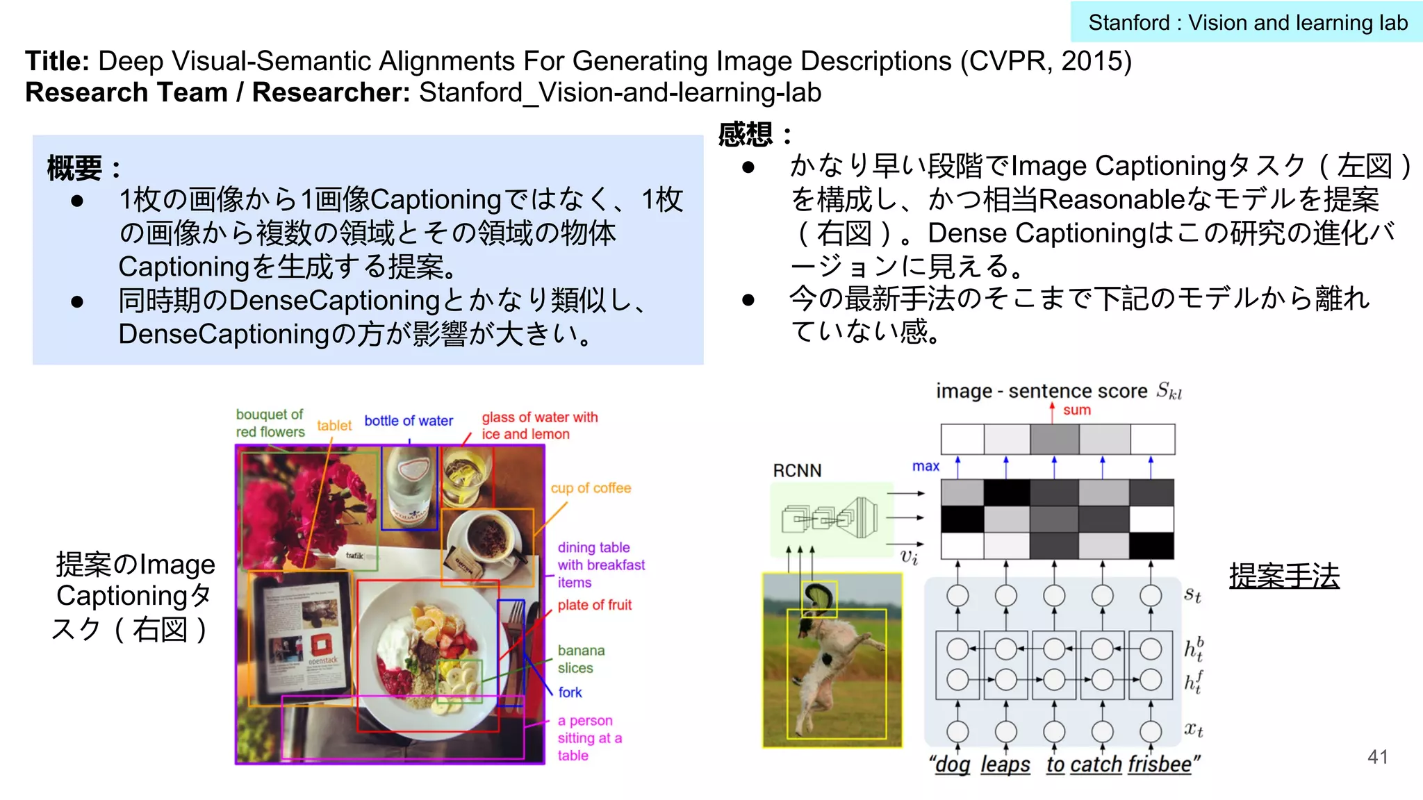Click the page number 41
pos(1377,757)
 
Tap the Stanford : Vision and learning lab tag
pos(1247,23)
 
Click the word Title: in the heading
pos(57,61)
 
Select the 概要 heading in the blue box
pos(74,168)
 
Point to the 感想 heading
pos(746,134)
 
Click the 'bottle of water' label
pos(409,421)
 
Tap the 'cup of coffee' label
pos(591,488)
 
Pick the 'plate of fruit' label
pos(594,605)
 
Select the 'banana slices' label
pos(580,659)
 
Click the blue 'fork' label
pos(570,692)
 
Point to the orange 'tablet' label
pos(334,426)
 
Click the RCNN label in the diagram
pos(797,471)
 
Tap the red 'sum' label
pos(1076,410)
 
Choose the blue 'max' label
pos(926,467)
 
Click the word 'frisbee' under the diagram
pos(1160,765)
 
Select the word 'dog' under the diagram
pos(953,765)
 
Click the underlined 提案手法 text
pos(1284,576)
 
